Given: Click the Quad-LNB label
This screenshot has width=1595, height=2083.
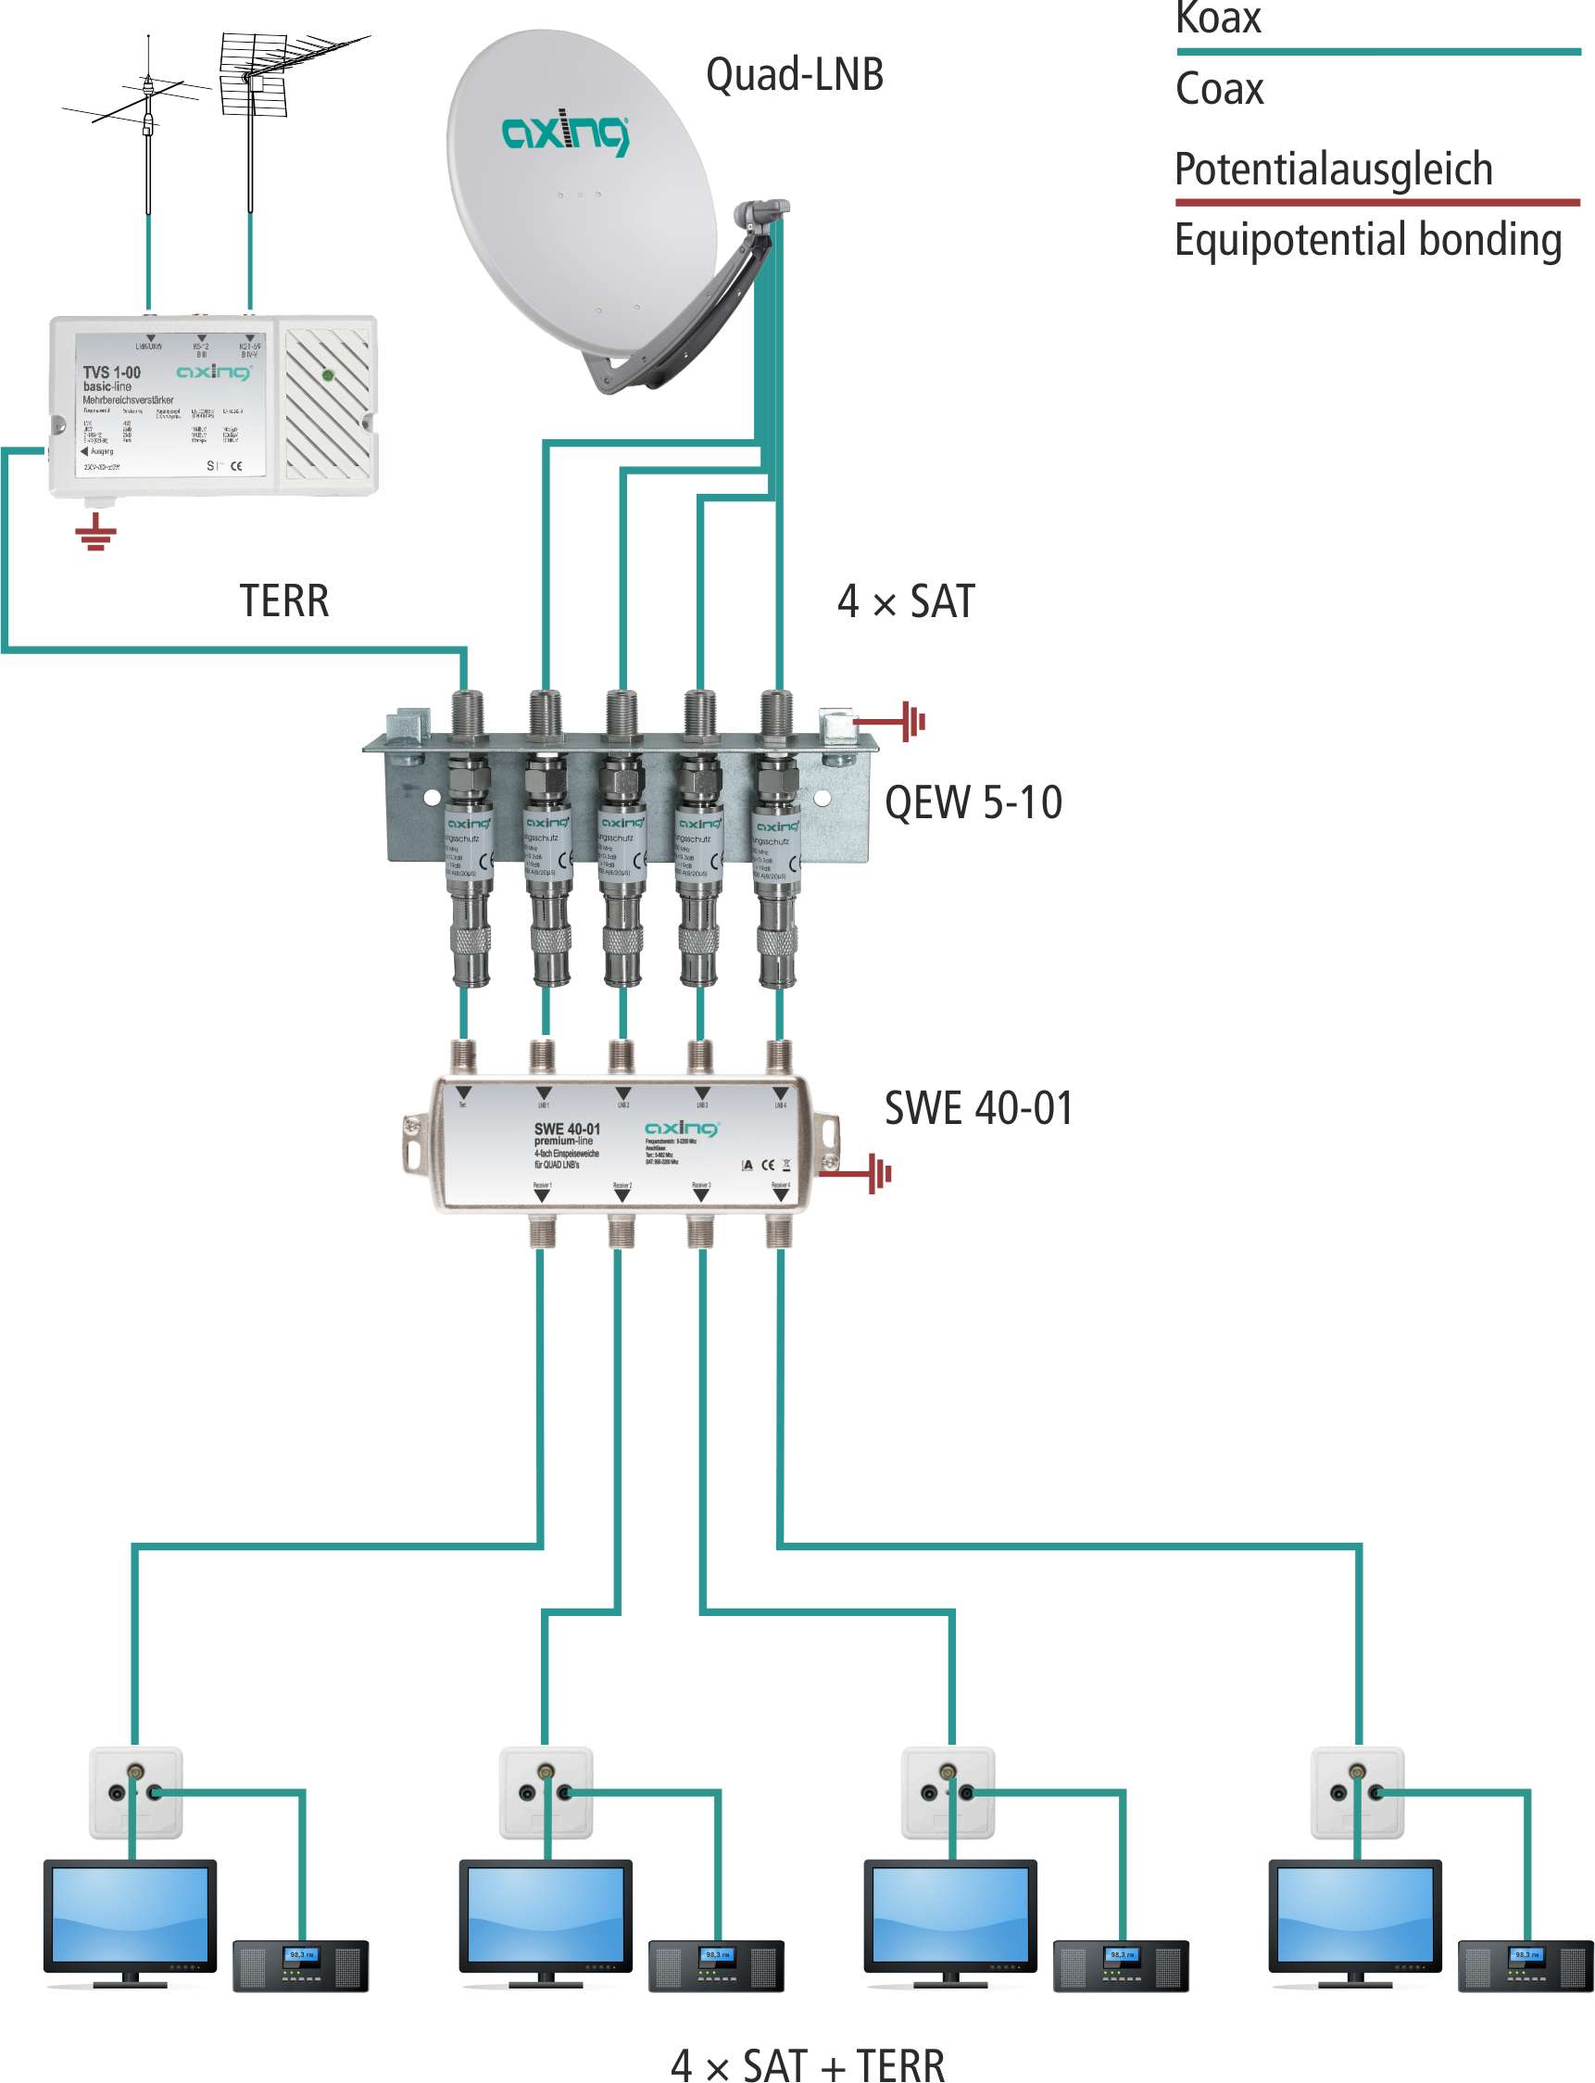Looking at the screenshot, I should pos(795,75).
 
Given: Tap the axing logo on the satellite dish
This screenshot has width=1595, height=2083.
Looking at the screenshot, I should pos(565,133).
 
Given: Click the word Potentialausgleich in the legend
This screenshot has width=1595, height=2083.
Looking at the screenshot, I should pos(1333,170).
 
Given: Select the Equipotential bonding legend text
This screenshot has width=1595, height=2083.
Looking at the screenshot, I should pos(1367,239).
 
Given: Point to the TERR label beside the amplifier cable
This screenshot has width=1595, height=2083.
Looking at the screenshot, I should pos(283,601).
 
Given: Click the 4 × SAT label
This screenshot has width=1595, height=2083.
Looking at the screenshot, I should pos(906,601).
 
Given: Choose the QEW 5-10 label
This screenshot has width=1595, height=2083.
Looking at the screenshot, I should pos(973,802).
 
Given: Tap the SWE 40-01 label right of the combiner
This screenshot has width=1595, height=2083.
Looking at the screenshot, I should pos(978,1108).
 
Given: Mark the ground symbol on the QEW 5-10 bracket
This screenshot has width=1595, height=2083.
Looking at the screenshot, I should pos(911,721).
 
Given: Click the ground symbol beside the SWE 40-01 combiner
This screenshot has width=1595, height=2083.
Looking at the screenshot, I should pos(879,1174).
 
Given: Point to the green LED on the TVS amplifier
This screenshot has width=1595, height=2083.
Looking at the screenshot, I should pos(328,375).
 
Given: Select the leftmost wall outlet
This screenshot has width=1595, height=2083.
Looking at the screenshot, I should pos(136,1792).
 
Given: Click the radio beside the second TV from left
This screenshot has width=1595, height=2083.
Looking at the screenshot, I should pos(716,1965).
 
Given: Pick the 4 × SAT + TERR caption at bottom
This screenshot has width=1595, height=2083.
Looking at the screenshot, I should pos(807,2063).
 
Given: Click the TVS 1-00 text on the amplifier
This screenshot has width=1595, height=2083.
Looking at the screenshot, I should pos(111,372).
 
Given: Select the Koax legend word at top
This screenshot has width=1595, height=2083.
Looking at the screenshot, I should pos(1218,19).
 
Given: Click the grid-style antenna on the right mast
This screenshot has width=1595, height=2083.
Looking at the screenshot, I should pos(255,76).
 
